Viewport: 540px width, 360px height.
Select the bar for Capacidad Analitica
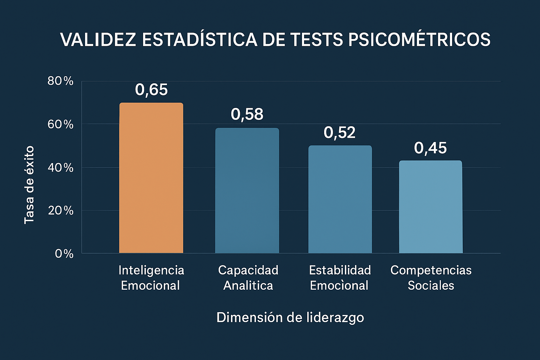coord(247,191)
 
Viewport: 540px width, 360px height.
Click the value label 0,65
coord(151,90)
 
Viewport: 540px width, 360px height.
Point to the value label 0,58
coord(247,115)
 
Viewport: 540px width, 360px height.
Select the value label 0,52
coord(340,133)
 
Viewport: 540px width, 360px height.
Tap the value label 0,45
coord(430,148)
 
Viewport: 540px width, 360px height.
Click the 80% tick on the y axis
coord(60,81)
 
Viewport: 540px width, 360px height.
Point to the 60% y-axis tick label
coord(60,124)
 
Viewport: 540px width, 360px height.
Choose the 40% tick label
coord(60,168)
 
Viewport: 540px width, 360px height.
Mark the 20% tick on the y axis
coord(60,211)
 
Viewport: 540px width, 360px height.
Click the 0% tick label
coord(64,254)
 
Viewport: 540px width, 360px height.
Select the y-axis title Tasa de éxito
coord(29,185)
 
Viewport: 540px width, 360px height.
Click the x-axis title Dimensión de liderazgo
coord(290,317)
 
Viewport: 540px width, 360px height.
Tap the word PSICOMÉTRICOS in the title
coord(419,39)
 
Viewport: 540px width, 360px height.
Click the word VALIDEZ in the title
coord(98,39)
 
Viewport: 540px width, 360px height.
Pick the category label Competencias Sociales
coord(431,277)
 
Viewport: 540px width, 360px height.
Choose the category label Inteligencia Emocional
coord(151,277)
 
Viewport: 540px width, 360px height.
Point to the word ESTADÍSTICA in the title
coord(199,39)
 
